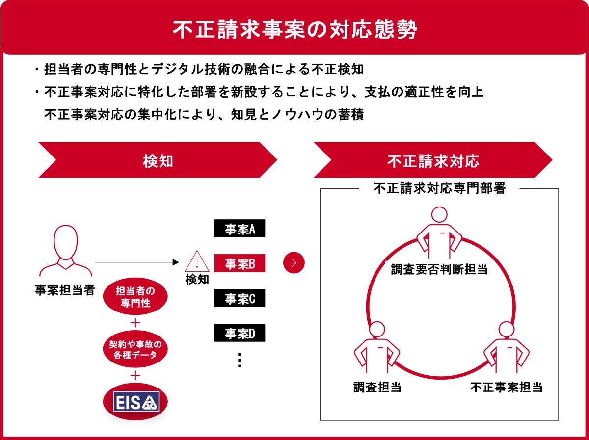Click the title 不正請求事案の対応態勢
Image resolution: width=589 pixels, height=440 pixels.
[294, 30]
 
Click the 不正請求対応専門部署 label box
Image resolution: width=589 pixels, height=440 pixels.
[439, 189]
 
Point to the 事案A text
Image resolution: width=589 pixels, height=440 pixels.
[240, 230]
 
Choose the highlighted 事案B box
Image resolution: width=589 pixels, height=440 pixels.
[240, 264]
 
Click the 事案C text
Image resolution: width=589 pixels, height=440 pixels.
[240, 299]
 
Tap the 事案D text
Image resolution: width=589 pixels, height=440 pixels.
[240, 334]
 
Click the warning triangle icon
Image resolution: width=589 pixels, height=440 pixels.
[197, 262]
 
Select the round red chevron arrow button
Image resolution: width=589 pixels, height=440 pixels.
[294, 263]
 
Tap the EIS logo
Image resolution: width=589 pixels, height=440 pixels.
[135, 403]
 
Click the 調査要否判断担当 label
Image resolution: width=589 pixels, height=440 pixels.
[439, 269]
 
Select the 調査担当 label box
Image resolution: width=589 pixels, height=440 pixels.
[378, 388]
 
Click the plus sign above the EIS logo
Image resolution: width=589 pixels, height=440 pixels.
[135, 376]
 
